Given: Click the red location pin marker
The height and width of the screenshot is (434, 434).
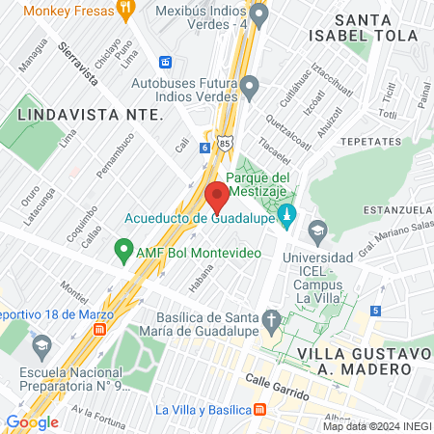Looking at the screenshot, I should pos(216,198).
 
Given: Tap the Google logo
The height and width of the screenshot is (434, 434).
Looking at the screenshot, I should pos(32,421).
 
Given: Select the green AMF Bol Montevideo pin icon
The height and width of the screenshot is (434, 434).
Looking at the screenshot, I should pos(123,252).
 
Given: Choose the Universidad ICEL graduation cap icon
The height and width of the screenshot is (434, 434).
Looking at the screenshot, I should pos(317,231).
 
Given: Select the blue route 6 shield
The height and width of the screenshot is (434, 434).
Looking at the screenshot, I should pos(204,148).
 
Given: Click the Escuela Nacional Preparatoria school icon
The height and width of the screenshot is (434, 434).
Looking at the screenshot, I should pos(42,344).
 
